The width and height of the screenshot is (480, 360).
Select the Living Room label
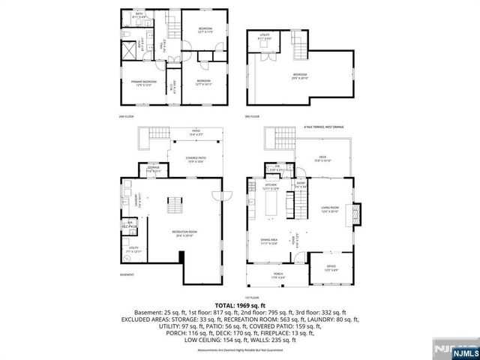click(330, 210)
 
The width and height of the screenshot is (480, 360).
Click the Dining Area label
click(268, 241)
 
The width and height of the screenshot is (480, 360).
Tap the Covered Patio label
click(196, 159)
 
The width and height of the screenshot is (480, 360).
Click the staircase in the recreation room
click(176, 205)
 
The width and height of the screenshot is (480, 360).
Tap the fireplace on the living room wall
click(357, 214)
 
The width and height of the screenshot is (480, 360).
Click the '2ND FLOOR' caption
click(126, 116)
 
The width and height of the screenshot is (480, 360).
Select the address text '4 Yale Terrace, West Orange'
click(323, 127)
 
